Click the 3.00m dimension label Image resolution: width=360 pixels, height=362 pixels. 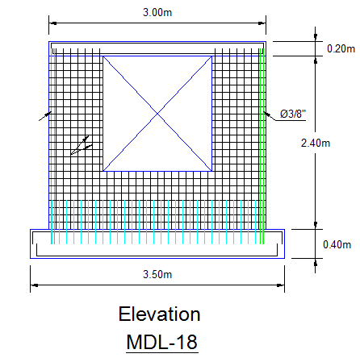[x=157, y=13]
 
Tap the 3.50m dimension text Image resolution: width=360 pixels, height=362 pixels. [x=157, y=274]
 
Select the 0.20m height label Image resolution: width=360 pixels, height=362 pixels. [x=341, y=48]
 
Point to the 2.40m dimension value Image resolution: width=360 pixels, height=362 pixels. [x=316, y=143]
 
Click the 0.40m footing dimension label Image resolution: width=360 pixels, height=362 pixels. [x=337, y=244]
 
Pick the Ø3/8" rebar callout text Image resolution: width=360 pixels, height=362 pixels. [x=293, y=114]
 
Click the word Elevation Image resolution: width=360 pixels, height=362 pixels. [x=159, y=314]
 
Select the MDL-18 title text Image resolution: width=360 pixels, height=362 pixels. [x=162, y=342]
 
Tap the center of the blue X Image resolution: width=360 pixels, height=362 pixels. [x=157, y=114]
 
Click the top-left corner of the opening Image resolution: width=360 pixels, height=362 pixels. [x=103, y=56]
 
